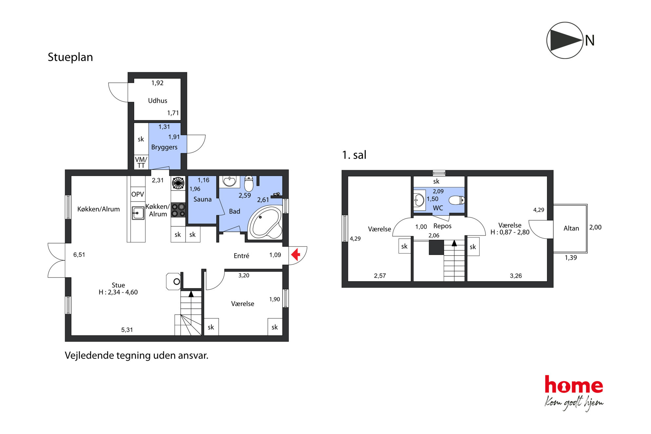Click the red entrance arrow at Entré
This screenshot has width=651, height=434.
296,255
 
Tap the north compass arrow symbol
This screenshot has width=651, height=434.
565,40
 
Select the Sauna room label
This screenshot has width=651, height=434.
202,199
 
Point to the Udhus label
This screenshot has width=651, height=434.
157,101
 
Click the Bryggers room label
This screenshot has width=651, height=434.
164,147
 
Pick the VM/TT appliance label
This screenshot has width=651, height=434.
141,162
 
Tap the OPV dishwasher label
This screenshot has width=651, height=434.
137,194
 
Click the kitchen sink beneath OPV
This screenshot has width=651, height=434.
138,213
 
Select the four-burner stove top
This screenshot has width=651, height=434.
178,210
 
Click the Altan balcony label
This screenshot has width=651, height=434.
571,228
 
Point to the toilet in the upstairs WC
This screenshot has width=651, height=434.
457,200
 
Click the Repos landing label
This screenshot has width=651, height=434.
442,226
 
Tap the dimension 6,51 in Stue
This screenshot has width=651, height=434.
79,255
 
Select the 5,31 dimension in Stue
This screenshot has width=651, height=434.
127,330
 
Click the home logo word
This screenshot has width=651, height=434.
574,384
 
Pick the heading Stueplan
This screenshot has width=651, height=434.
70,57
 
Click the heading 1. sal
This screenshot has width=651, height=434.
354,155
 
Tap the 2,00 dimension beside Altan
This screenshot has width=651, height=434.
595,227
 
